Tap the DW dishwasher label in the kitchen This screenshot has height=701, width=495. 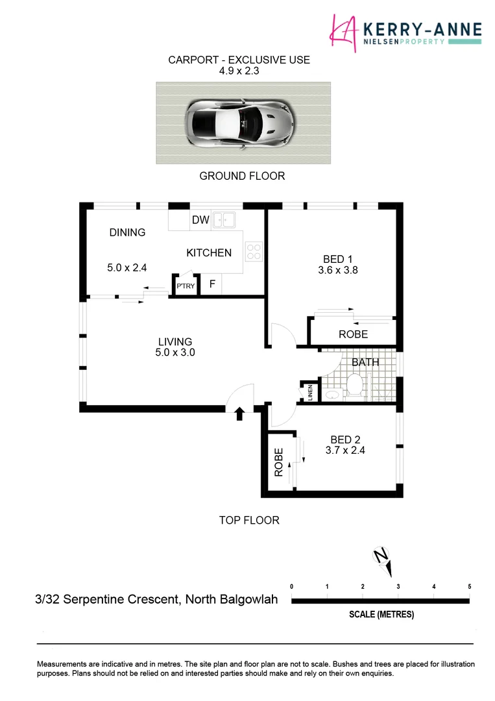point(200,220)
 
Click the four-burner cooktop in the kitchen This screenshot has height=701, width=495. point(254,251)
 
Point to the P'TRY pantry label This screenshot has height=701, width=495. point(186,286)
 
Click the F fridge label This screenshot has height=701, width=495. point(211,284)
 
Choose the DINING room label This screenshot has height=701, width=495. point(127,232)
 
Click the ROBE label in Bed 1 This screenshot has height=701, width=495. point(353,334)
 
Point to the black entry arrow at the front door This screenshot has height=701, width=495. point(239,413)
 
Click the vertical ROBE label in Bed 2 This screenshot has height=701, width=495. point(278,463)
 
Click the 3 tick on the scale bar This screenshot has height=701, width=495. point(398,586)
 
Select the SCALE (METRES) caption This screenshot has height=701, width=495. point(381,614)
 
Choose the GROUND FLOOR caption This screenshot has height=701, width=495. point(242,176)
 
